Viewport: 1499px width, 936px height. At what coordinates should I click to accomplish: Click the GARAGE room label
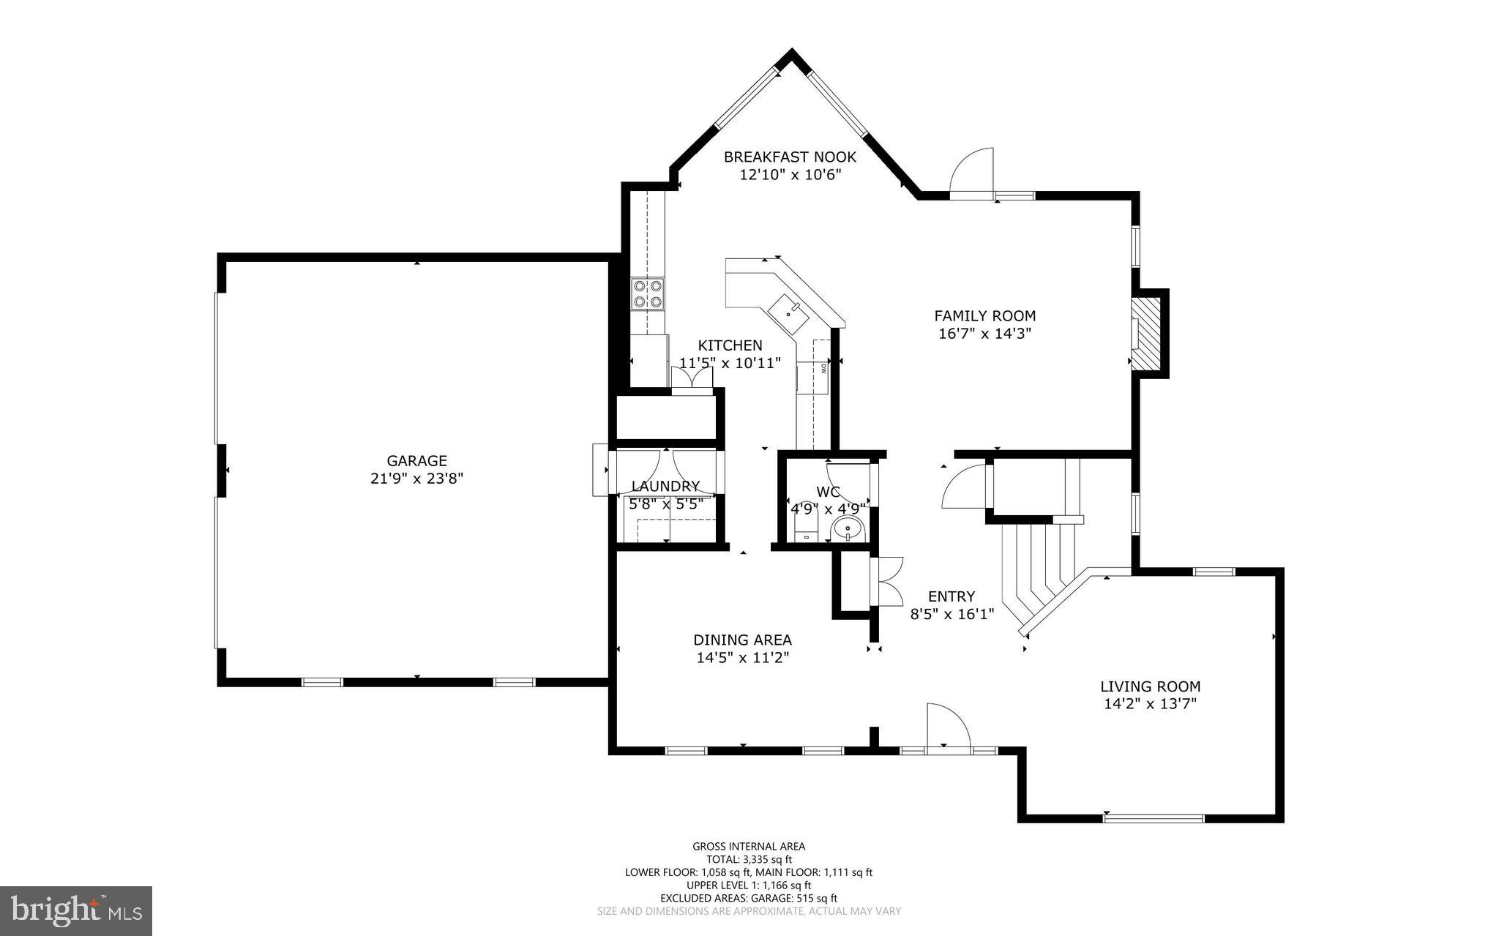point(416,460)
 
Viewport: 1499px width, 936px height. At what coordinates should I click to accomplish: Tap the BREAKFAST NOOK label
point(790,157)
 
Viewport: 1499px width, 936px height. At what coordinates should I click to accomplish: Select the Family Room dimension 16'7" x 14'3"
point(984,334)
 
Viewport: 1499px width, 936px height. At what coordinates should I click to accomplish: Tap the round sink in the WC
point(849,527)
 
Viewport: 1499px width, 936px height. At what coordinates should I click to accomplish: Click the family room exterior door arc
point(972,172)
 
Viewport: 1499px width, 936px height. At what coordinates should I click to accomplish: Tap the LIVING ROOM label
point(1150,686)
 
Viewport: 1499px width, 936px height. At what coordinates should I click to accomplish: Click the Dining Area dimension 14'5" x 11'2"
point(742,658)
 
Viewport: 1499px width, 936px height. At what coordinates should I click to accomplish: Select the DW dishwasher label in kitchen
point(823,368)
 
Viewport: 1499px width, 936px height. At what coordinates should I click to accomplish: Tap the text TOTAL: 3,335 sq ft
point(749,859)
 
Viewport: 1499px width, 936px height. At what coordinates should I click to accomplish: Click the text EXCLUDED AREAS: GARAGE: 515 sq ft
point(749,898)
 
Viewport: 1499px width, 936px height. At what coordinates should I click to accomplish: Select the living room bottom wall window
point(1153,818)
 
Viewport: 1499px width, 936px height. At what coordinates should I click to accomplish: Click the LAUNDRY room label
point(665,486)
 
